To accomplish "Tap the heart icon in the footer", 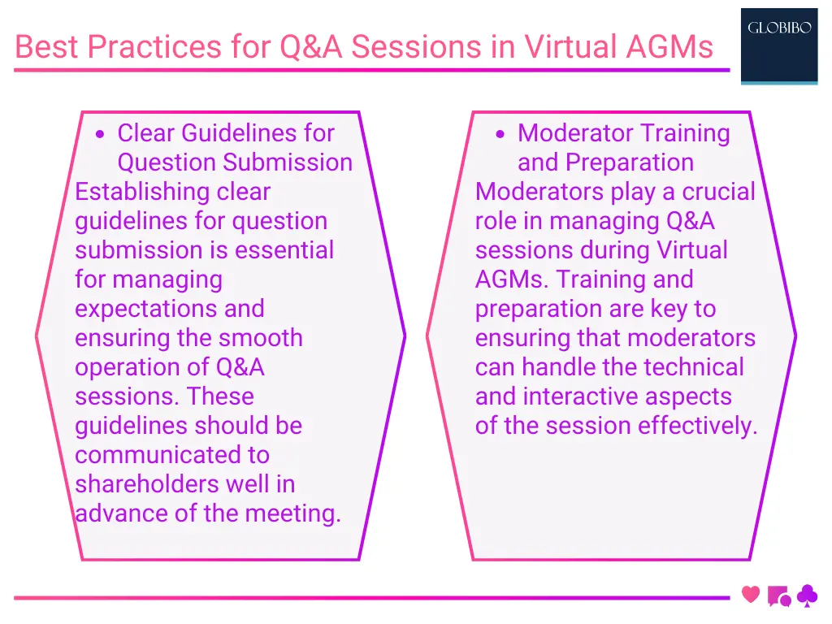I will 751,595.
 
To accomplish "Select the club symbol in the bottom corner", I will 807,597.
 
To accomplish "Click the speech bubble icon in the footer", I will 778,596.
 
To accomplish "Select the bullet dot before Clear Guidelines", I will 99,135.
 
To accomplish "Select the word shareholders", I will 142,484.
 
